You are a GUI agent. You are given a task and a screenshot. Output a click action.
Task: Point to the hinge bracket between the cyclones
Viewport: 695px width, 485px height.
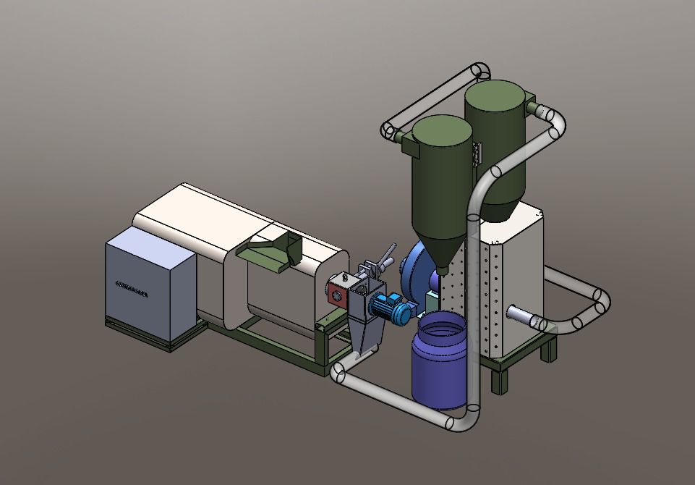click(476, 153)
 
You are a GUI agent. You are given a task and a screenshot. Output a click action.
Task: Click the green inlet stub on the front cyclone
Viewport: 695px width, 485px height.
click(410, 148)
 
